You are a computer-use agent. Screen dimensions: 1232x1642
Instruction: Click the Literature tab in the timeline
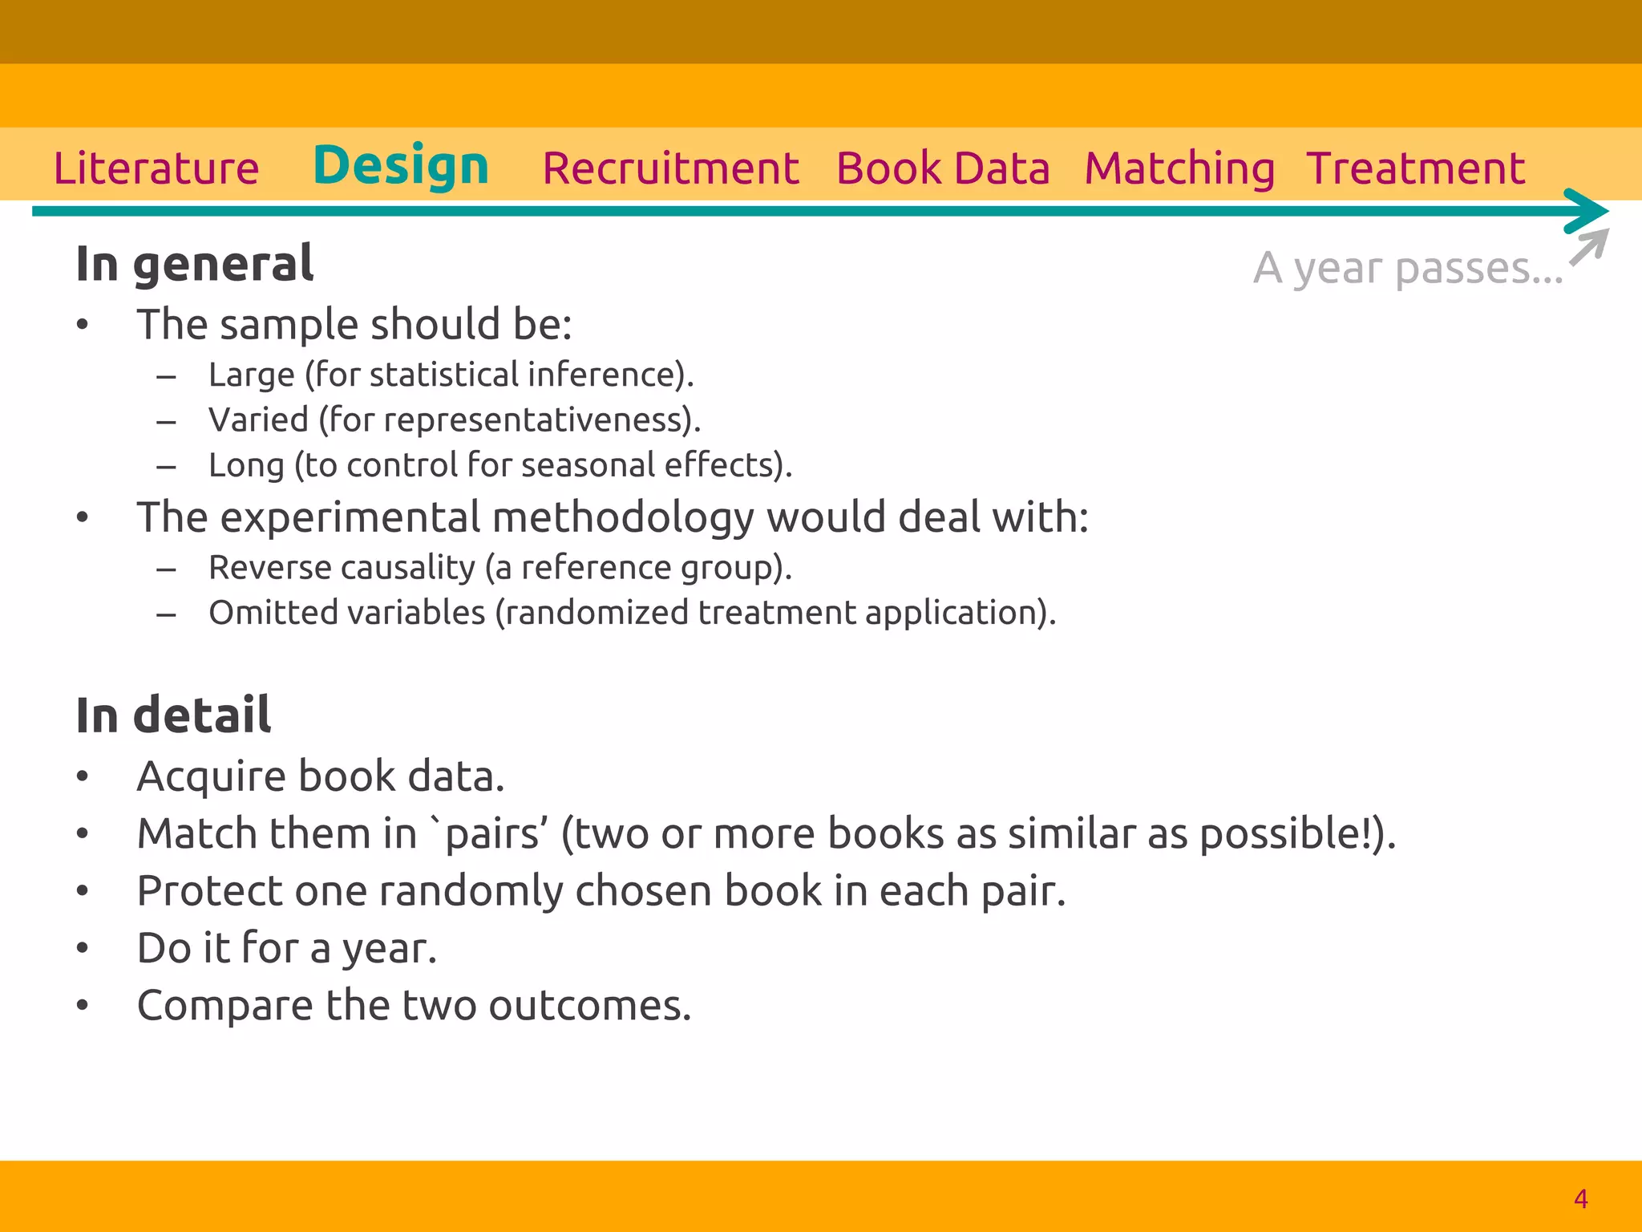pyautogui.click(x=156, y=168)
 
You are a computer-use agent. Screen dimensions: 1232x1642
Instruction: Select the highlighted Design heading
pyautogui.click(x=401, y=166)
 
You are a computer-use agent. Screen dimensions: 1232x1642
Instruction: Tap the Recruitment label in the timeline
pyautogui.click(x=670, y=168)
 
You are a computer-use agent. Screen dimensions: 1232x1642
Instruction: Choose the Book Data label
pyautogui.click(x=943, y=168)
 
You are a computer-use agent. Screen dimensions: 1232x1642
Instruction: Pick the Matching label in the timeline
pyautogui.click(x=1179, y=168)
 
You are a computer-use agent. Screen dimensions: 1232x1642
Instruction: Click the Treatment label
pyautogui.click(x=1416, y=168)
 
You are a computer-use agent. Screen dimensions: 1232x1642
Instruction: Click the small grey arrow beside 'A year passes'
pyautogui.click(x=1589, y=247)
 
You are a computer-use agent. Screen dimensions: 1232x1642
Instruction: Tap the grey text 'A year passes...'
pyautogui.click(x=1408, y=268)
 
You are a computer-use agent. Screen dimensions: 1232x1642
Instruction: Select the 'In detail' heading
pyautogui.click(x=173, y=715)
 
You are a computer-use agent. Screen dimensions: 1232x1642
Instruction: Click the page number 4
pyautogui.click(x=1580, y=1198)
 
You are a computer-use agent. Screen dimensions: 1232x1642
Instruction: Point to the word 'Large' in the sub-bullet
pyautogui.click(x=251, y=375)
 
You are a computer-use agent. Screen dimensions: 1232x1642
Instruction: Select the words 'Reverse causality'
pyautogui.click(x=342, y=567)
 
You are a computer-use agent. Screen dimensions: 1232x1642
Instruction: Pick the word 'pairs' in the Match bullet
pyautogui.click(x=491, y=834)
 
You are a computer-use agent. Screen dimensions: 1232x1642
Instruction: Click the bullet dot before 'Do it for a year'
pyautogui.click(x=82, y=948)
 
